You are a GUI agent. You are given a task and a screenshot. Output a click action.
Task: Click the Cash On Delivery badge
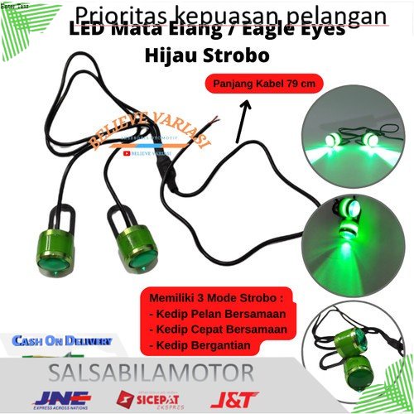pyautogui.click(x=61, y=339)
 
